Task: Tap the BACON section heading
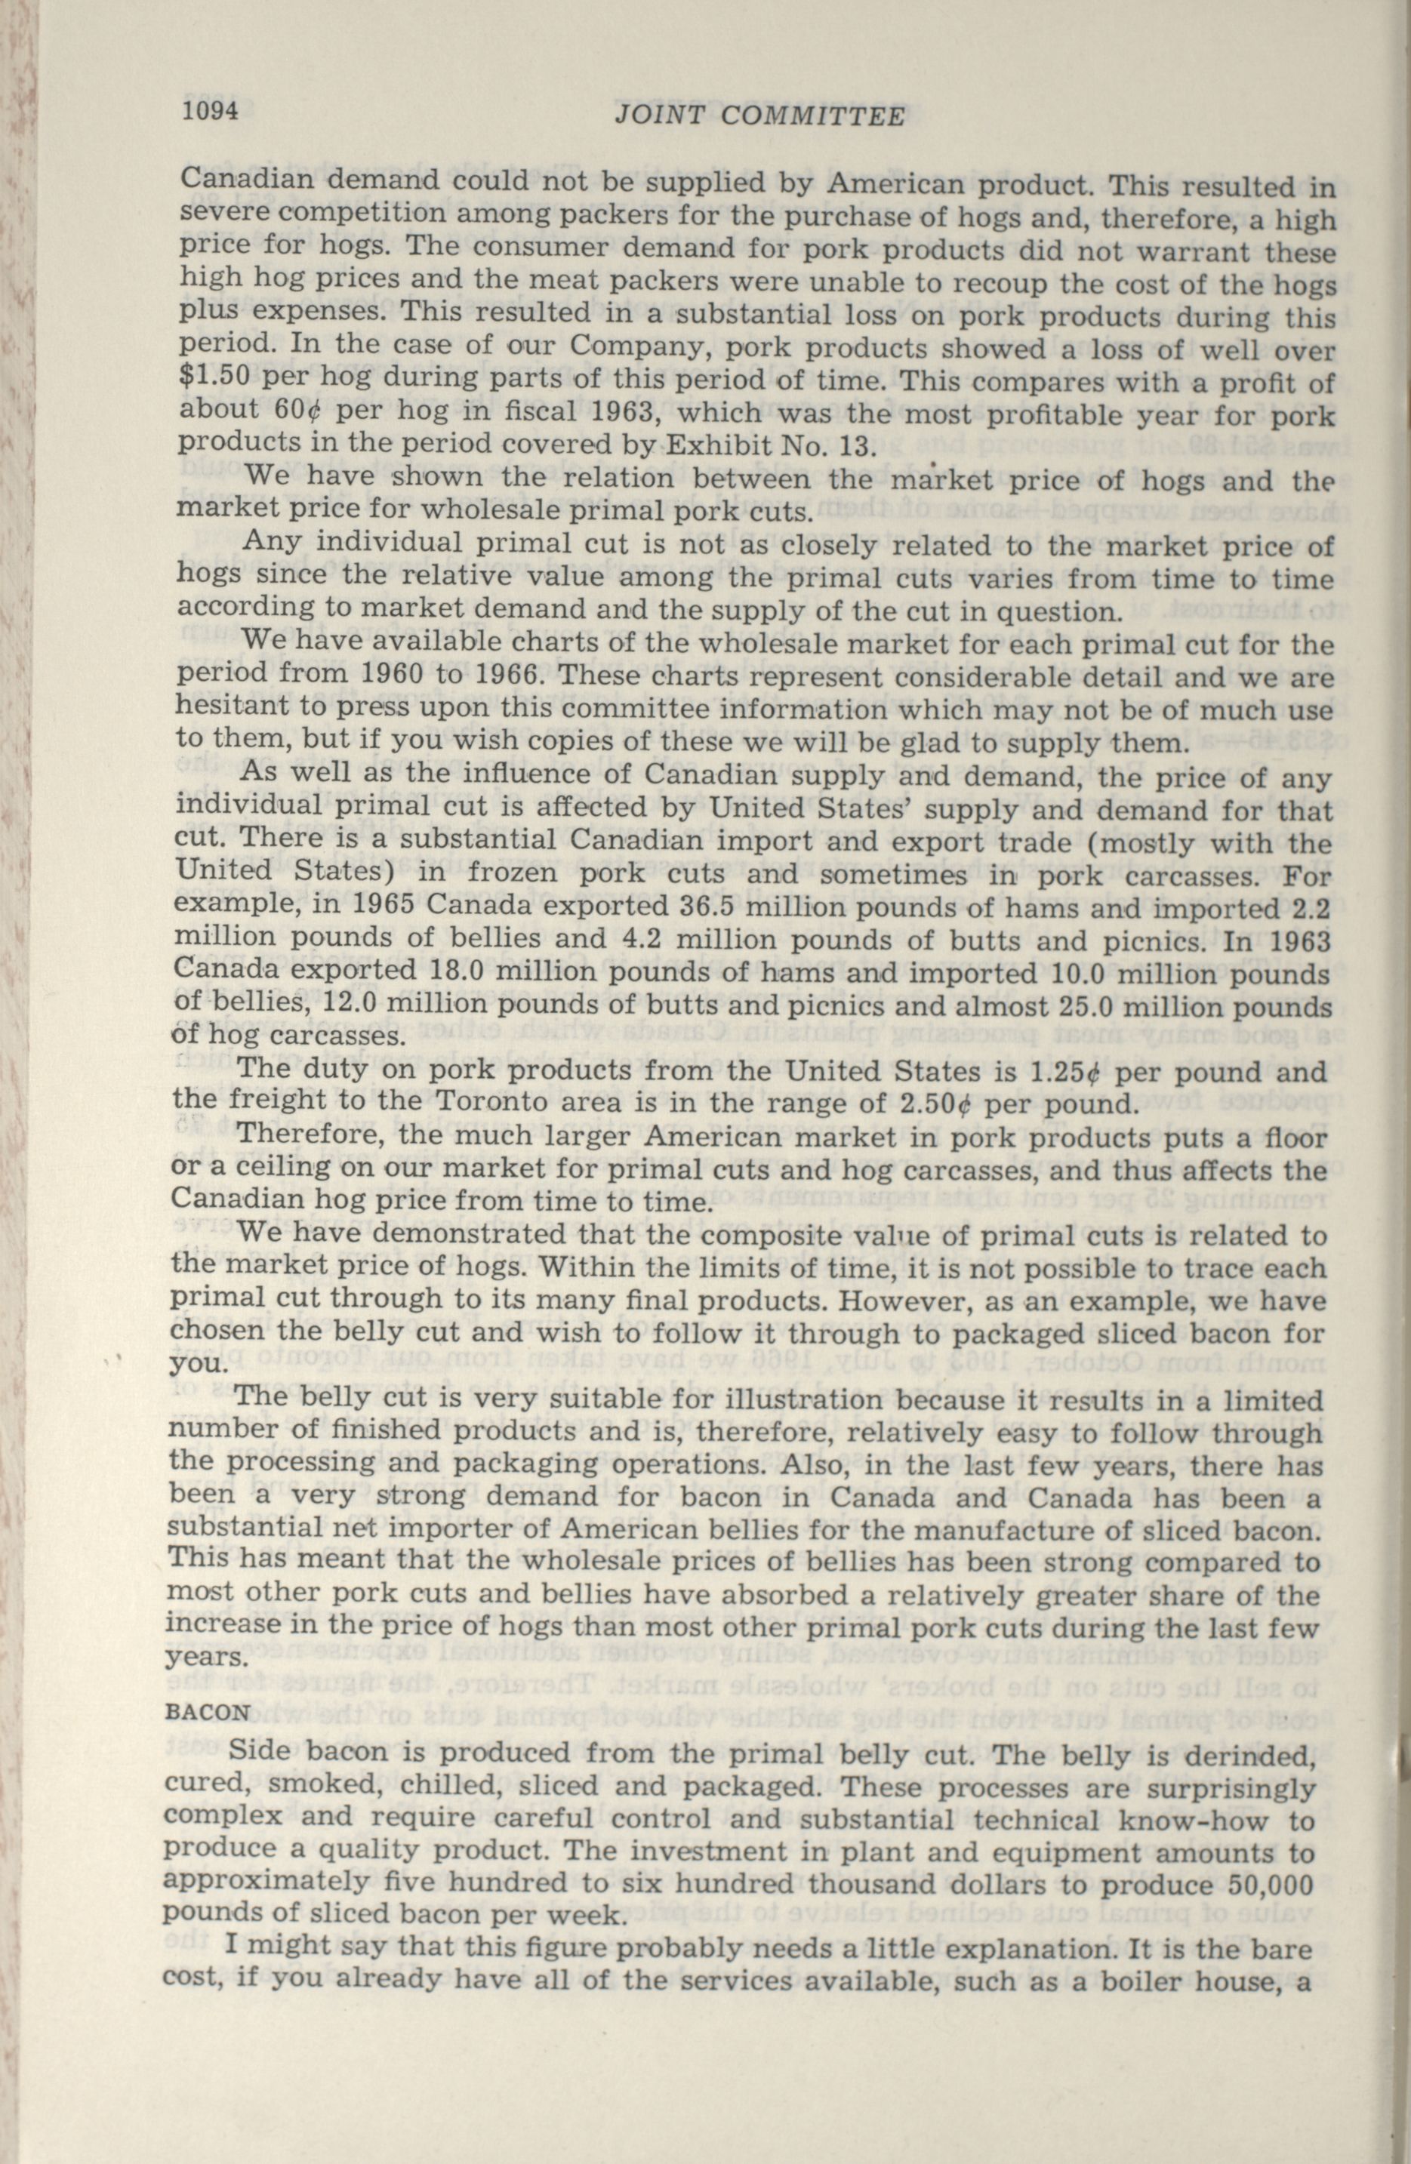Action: pos(209,1710)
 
